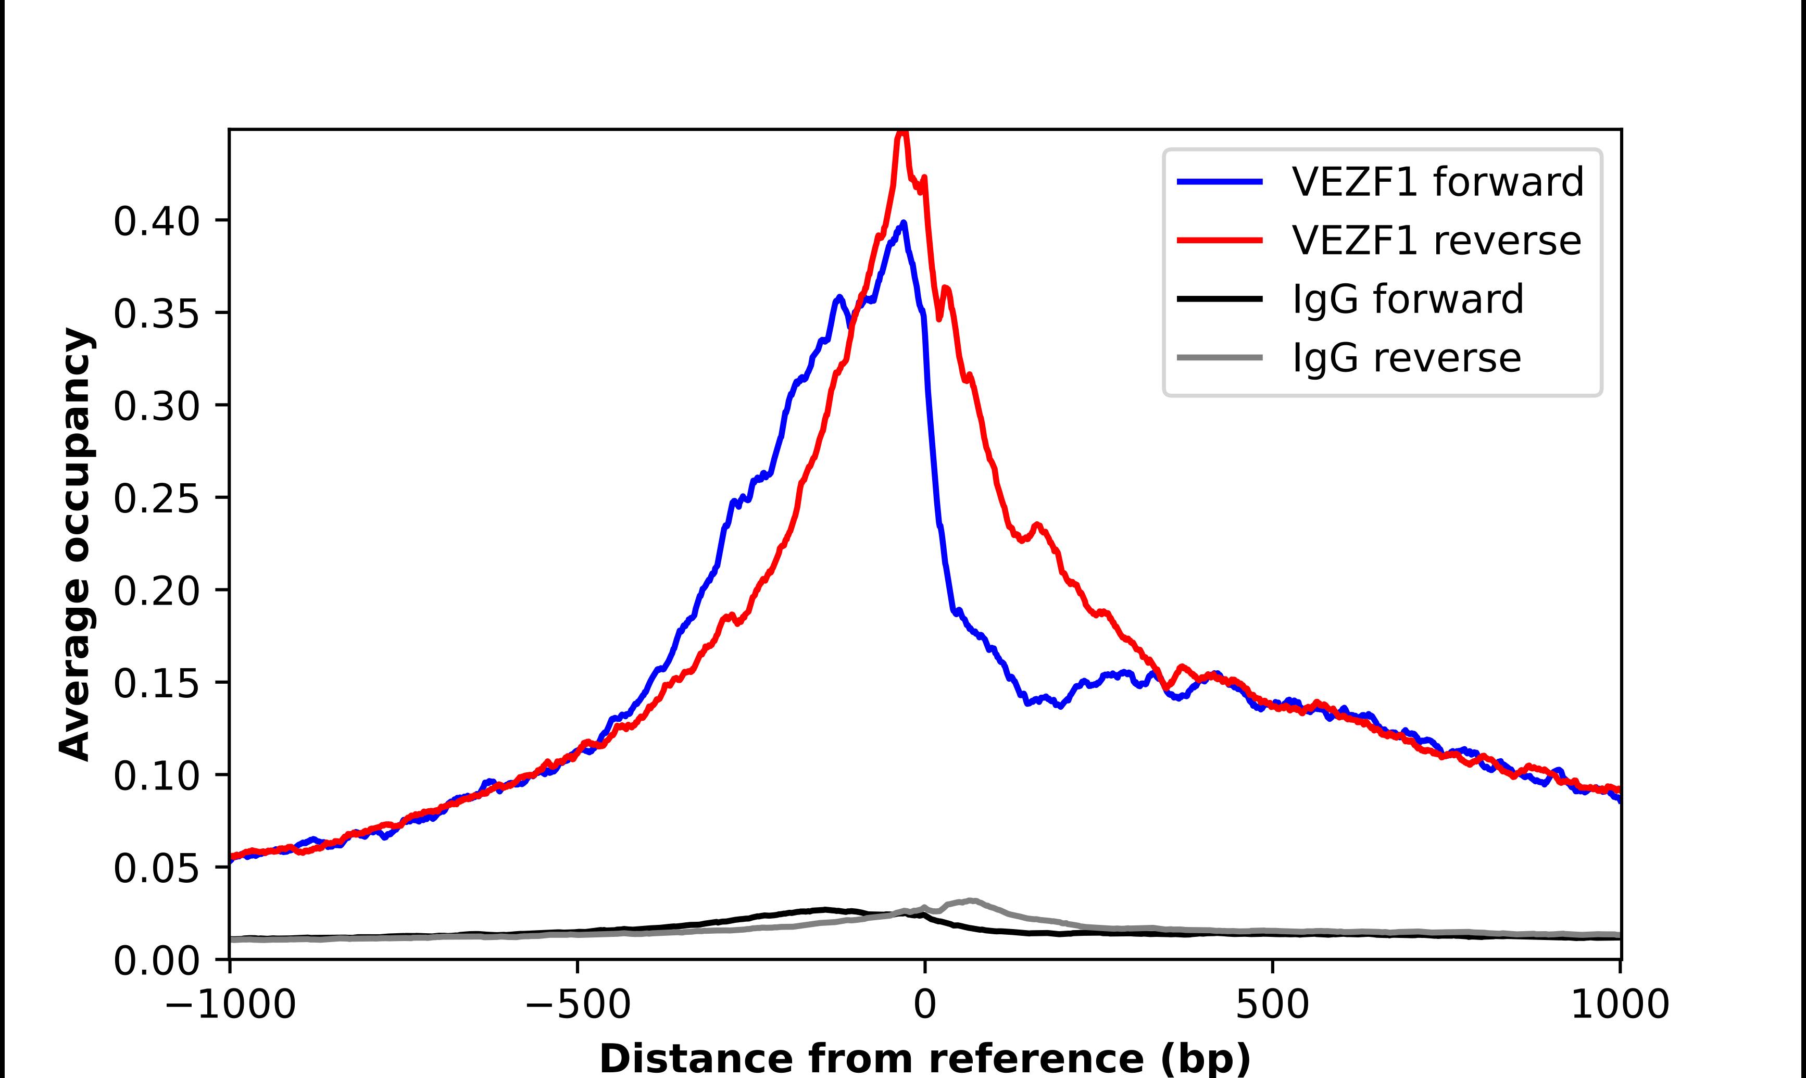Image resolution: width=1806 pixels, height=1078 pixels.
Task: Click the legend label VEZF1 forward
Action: (1438, 182)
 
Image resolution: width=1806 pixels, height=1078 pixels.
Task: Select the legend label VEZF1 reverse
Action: (1436, 241)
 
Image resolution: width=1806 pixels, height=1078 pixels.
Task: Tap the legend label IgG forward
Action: (1407, 299)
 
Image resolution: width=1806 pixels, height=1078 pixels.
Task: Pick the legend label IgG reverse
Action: (1407, 358)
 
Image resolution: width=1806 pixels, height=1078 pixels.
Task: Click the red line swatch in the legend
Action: (1220, 241)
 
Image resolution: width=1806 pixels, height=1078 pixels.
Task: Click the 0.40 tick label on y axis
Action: (156, 221)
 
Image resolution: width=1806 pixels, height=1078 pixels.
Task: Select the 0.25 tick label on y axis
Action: (156, 498)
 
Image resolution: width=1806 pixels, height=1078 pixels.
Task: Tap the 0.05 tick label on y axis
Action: (156, 868)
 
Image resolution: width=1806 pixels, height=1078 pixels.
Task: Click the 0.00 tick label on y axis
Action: (156, 960)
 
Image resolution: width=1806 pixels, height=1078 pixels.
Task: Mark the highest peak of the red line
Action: (901, 133)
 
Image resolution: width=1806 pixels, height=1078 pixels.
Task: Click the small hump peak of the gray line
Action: (971, 901)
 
